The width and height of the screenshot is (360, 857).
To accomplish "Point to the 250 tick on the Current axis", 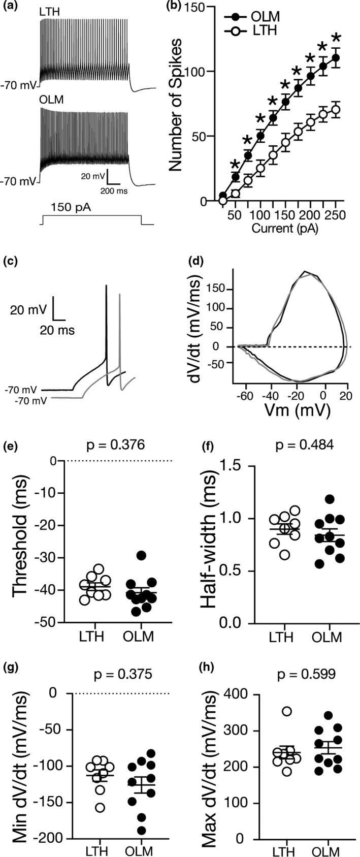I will (336, 215).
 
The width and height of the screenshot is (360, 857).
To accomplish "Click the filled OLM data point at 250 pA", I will (335, 57).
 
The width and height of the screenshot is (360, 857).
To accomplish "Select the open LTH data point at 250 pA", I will (335, 109).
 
